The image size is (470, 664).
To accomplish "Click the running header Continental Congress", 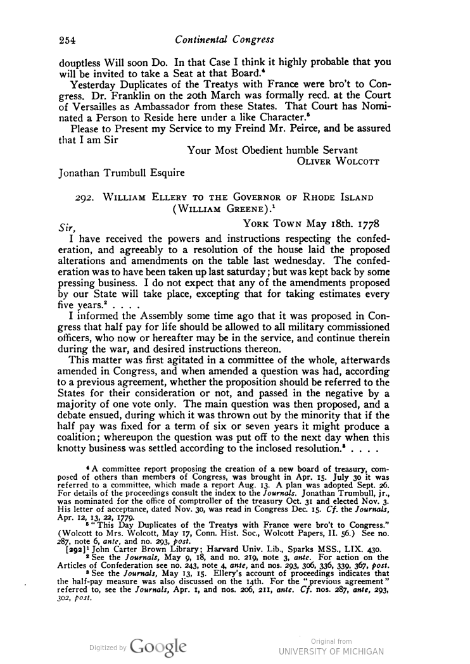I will (x=225, y=40).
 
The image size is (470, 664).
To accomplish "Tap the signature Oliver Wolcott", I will (x=338, y=161).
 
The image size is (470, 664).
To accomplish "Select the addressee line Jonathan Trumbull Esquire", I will (x=122, y=172).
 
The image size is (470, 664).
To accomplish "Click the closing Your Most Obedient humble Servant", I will (x=273, y=150).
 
